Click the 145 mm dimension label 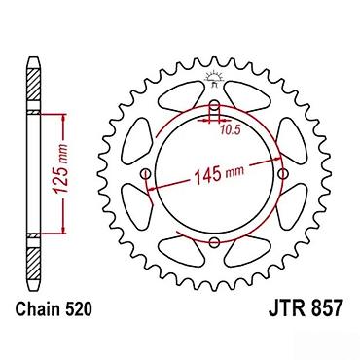[219, 174]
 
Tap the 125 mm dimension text [61, 168]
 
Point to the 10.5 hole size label [230, 130]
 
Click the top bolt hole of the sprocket [214, 105]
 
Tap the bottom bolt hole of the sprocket [214, 242]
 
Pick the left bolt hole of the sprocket [145, 173]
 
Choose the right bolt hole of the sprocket [283, 173]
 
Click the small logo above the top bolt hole [214, 79]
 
